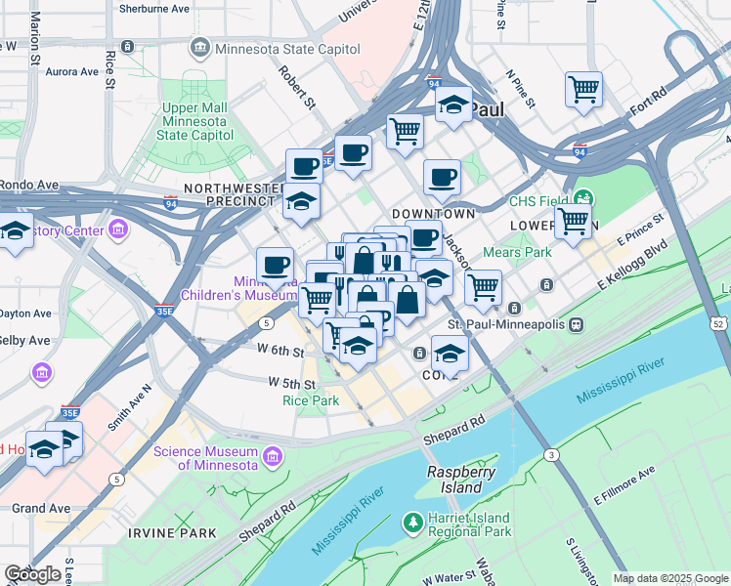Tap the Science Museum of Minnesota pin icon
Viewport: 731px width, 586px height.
[273, 454]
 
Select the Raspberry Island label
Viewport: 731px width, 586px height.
[455, 479]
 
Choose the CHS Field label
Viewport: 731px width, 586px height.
[533, 202]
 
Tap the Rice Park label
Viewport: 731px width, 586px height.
[311, 400]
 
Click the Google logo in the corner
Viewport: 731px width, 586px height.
[32, 574]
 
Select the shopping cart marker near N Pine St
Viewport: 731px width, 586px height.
[583, 89]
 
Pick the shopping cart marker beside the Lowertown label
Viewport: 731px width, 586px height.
[573, 220]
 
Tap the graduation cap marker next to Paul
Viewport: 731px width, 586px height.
[452, 105]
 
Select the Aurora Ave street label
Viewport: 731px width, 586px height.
[71, 71]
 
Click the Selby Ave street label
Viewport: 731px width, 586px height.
[25, 340]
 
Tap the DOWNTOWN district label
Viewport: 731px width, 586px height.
[433, 213]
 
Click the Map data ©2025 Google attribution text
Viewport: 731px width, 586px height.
[670, 578]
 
